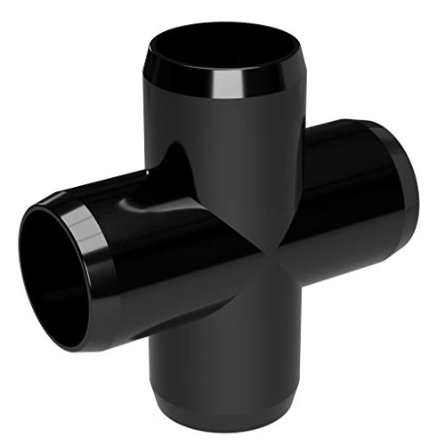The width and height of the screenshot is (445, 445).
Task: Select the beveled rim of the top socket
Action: point(178,76)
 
